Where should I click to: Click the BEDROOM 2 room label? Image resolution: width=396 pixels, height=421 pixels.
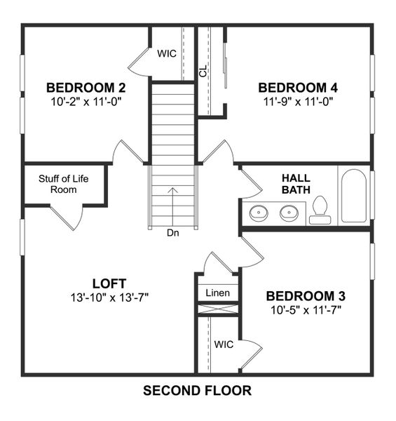point(86,88)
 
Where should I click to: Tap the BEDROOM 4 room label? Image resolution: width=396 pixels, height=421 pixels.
point(298,88)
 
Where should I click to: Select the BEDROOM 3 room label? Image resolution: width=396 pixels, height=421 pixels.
point(306,295)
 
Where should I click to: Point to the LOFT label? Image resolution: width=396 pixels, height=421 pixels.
point(109,283)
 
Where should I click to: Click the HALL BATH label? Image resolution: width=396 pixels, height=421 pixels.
point(296,184)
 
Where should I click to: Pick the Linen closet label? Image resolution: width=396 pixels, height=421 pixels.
point(217,292)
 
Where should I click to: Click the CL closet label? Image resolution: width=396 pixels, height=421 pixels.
point(203,72)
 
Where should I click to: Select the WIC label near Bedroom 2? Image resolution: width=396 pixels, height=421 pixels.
point(166,53)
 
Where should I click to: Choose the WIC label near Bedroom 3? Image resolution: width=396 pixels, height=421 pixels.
point(224,345)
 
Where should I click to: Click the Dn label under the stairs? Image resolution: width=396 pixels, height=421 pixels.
point(172,233)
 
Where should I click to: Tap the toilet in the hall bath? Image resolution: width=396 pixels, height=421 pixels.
point(320,210)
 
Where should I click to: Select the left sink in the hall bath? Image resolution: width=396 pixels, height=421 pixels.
point(259,212)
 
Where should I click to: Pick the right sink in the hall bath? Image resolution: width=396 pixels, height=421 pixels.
point(288,212)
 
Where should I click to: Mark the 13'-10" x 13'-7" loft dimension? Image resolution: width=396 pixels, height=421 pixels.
point(109,297)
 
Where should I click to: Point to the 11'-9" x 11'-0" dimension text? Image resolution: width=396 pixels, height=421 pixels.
point(298,101)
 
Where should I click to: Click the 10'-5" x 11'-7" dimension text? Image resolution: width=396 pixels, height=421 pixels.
point(306,309)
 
